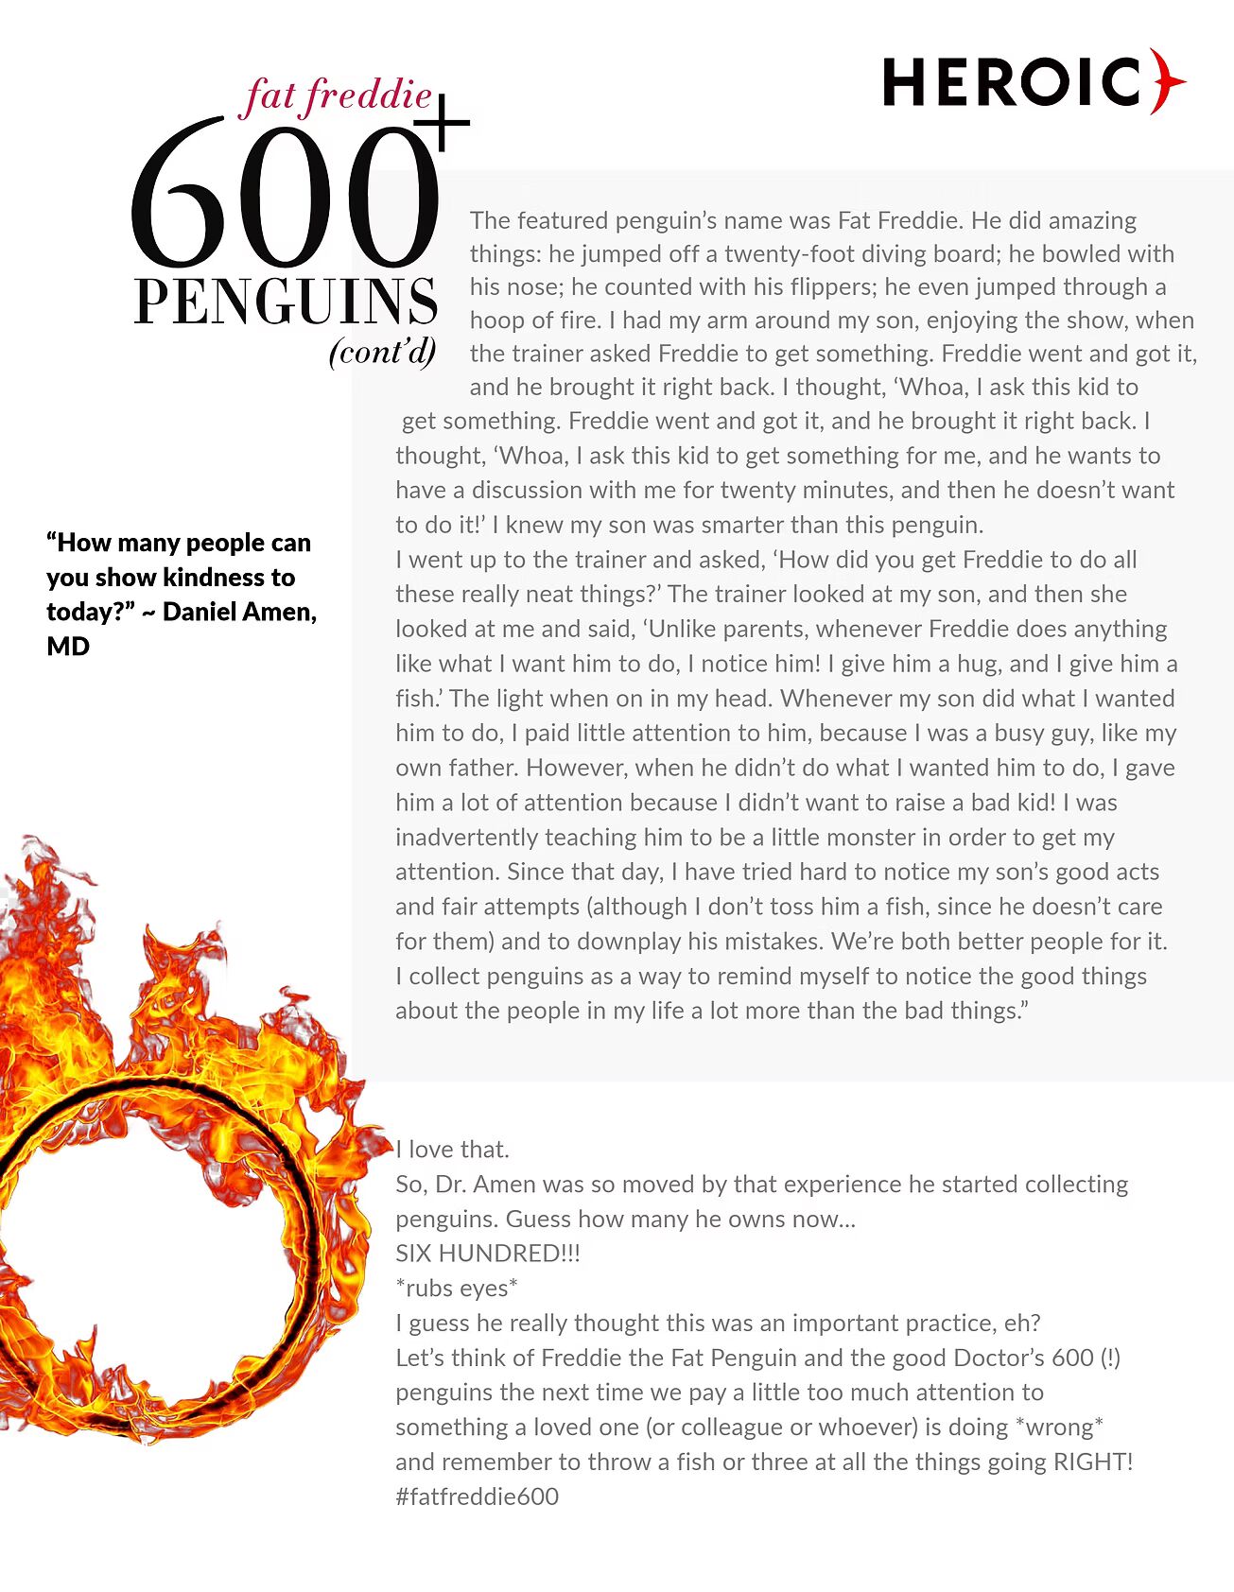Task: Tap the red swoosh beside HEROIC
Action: (x=1168, y=81)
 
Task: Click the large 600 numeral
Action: (x=284, y=194)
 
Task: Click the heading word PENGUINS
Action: (x=286, y=302)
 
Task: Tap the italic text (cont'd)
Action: (x=383, y=352)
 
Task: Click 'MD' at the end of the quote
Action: (x=68, y=647)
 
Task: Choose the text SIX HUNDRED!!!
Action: (x=487, y=1254)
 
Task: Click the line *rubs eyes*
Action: (x=457, y=1289)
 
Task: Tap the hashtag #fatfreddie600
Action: (x=477, y=1497)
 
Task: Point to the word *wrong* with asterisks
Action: (x=1059, y=1427)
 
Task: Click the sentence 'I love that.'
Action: (x=452, y=1150)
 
